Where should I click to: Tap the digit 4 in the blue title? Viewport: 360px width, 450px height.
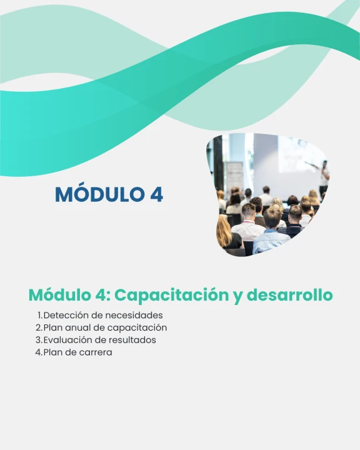[x=156, y=194]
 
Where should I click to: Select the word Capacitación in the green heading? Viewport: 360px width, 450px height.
[x=172, y=296]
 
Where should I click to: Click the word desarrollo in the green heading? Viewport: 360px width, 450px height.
[x=289, y=294]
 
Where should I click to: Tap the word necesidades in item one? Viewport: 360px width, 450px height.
[x=133, y=315]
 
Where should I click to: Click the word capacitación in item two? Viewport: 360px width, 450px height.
[x=137, y=328]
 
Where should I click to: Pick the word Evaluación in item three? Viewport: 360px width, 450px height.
[x=67, y=340]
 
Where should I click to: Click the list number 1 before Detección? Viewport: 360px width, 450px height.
[x=39, y=316]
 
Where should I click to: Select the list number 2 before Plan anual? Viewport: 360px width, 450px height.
[x=39, y=327]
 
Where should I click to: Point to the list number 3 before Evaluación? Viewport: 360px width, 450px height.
[x=39, y=340]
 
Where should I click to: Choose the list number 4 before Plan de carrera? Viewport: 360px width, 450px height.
[x=39, y=352]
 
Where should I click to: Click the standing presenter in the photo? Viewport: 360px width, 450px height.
[x=324, y=177]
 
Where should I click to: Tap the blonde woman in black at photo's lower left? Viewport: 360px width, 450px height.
[x=228, y=233]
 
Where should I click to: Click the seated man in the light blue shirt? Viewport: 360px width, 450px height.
[x=271, y=232]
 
